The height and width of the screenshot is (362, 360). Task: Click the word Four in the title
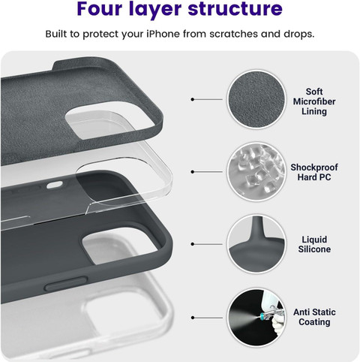coord(100,8)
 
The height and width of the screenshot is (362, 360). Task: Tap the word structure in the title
coord(235,9)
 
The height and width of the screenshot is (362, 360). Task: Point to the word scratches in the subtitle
coord(233,34)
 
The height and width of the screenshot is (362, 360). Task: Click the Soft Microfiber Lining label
coord(314,101)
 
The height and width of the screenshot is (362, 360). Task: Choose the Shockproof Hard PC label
coord(314,172)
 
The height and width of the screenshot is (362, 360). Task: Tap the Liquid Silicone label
coord(314,244)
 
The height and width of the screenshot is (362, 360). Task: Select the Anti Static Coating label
coord(314,317)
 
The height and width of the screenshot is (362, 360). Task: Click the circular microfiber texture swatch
coord(256,99)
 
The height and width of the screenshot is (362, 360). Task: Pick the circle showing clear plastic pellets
coord(256,172)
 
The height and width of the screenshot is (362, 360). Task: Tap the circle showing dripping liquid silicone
coord(256,244)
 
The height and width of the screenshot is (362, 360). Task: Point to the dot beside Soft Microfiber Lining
coord(193,99)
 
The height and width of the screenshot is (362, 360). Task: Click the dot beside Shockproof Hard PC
coord(193,172)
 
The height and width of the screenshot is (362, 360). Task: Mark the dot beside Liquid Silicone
coord(193,244)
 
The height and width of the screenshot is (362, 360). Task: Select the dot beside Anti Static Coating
coord(193,318)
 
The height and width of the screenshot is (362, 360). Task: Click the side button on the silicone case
coord(66,284)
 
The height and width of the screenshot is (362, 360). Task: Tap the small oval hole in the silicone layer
coord(55,185)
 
